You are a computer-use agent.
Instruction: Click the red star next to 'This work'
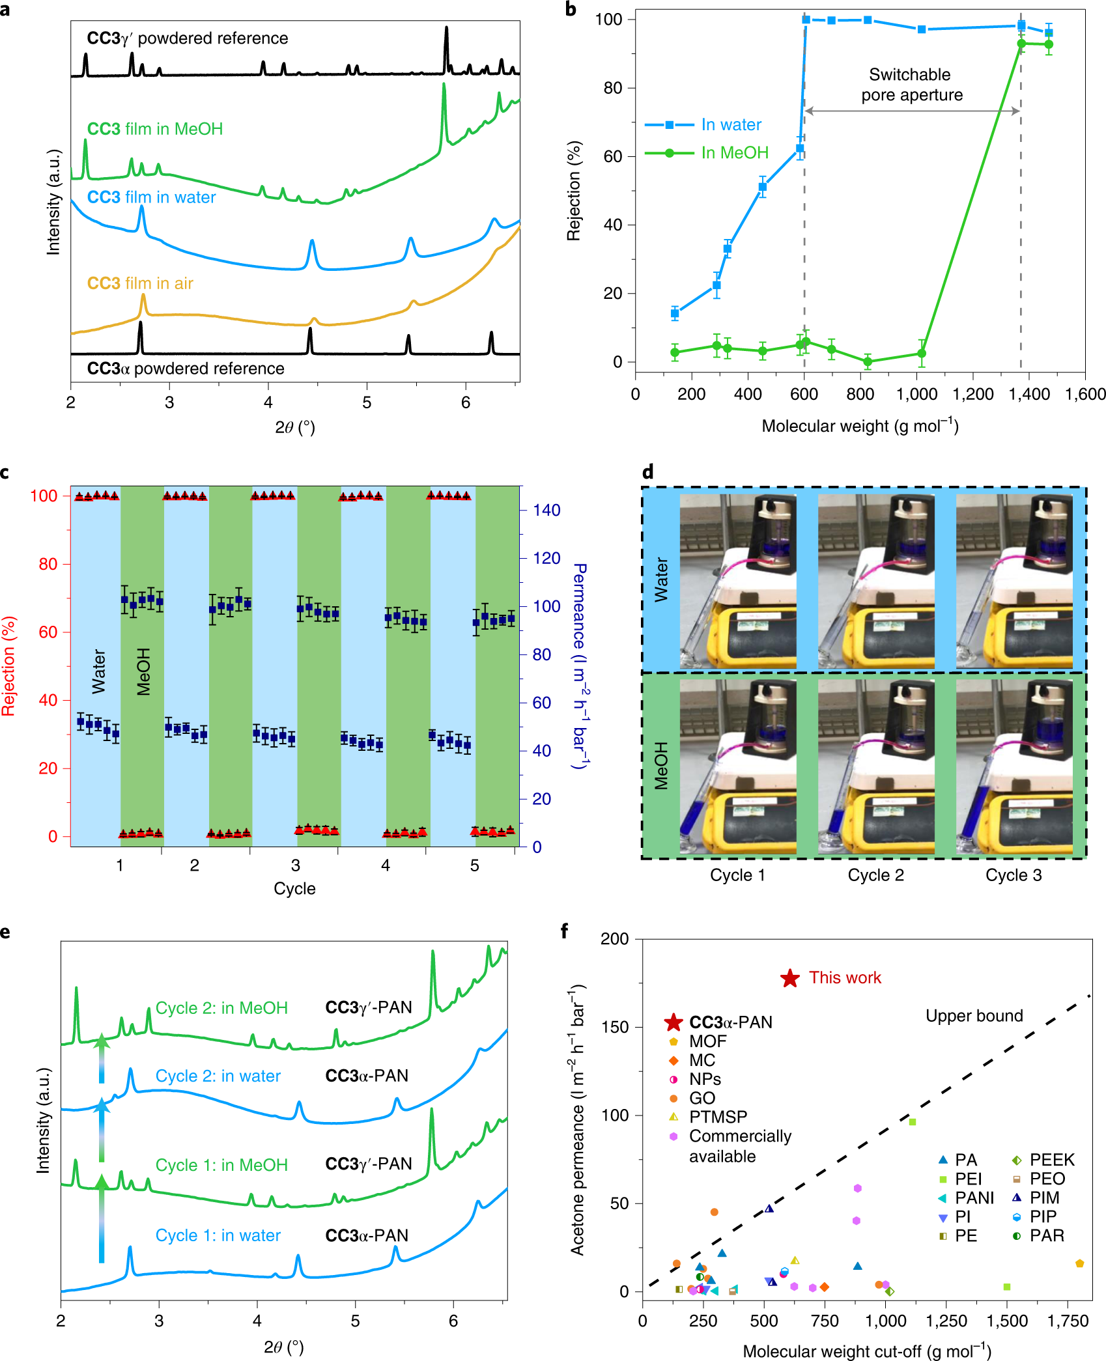[x=789, y=978]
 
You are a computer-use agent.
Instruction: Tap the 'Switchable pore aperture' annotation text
[x=911, y=85]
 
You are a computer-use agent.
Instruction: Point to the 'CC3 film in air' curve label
[x=140, y=283]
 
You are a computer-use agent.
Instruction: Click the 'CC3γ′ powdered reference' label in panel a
[x=188, y=38]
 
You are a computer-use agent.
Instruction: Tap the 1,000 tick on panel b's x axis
[x=916, y=394]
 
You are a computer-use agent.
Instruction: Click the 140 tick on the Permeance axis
[x=546, y=511]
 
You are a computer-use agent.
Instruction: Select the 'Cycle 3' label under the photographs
[x=1013, y=875]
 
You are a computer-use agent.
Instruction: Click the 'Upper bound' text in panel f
[x=974, y=1016]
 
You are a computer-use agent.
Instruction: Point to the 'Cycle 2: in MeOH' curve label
[x=221, y=1008]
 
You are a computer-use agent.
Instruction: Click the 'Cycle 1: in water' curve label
[x=218, y=1235]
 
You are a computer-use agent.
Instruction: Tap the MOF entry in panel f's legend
[x=707, y=1041]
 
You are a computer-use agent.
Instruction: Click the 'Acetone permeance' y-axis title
[x=578, y=1120]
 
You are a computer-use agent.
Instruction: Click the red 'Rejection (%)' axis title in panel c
[x=9, y=666]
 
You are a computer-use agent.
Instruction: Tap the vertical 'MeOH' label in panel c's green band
[x=144, y=671]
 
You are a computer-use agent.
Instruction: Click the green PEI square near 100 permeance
[x=912, y=1121]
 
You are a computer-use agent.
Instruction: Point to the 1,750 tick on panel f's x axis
[x=1068, y=1321]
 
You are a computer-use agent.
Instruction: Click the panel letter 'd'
[x=647, y=472]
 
